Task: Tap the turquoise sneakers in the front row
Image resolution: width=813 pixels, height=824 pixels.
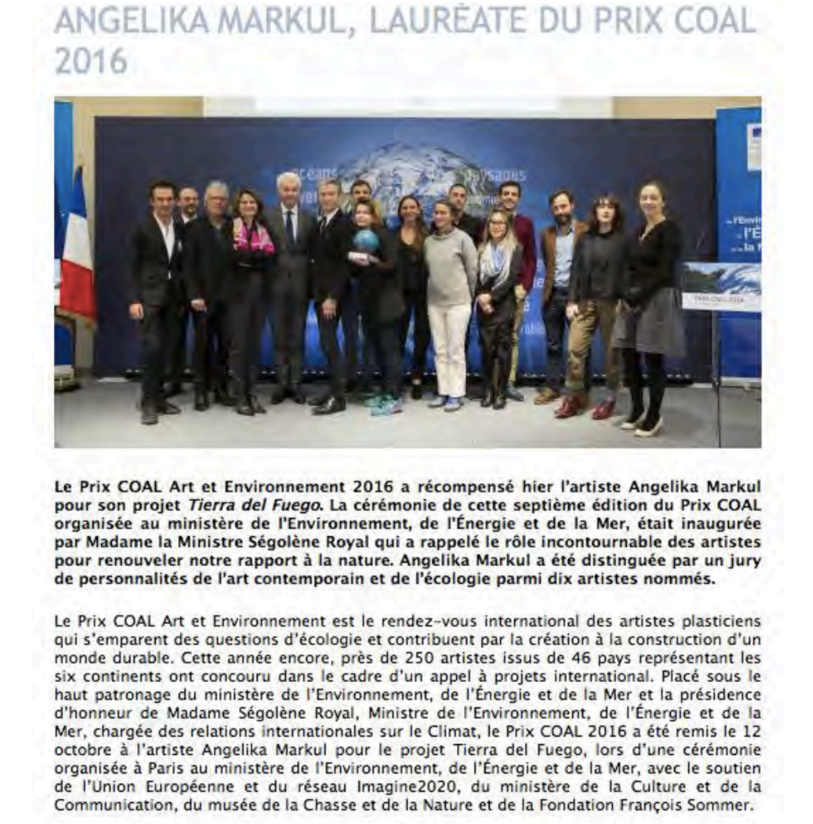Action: click(383, 405)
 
